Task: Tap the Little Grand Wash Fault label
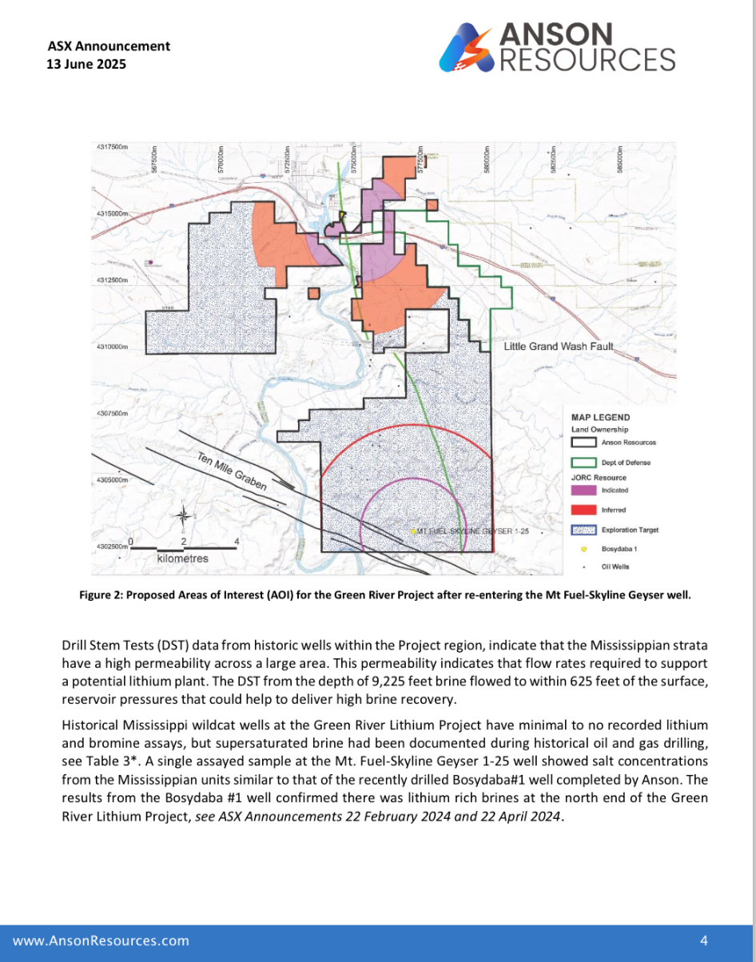point(558,347)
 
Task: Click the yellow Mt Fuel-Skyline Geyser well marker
point(412,531)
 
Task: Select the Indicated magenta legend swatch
point(583,490)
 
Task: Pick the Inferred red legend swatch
point(583,510)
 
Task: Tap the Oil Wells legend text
point(615,567)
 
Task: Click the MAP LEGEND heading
point(600,417)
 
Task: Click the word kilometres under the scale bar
point(183,559)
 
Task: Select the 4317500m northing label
point(113,148)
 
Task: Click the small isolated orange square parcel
point(314,292)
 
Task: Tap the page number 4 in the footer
point(704,940)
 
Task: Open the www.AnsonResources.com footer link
point(101,940)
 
